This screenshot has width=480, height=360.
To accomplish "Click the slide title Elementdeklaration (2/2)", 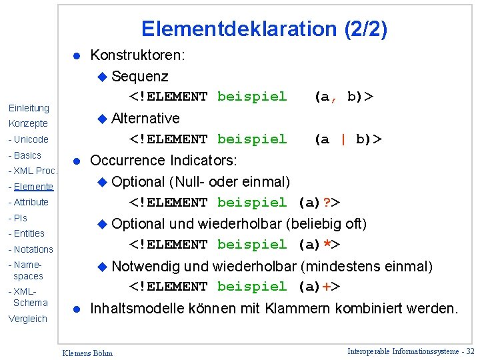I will pyautogui.click(x=264, y=29).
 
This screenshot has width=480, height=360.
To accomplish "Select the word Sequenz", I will pyautogui.click(x=140, y=76).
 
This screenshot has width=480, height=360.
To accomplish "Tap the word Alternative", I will pyautogui.click(x=145, y=118).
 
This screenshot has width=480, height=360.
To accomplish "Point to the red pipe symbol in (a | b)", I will pyautogui.click(x=343, y=139).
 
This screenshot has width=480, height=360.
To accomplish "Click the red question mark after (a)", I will pyautogui.click(x=326, y=203).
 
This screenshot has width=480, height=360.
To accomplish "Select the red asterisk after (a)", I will pyautogui.click(x=326, y=245).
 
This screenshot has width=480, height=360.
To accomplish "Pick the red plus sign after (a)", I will pyautogui.click(x=326, y=287).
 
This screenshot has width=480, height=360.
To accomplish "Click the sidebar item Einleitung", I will pyautogui.click(x=29, y=108).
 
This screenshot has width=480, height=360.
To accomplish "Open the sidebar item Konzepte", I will pyautogui.click(x=28, y=123).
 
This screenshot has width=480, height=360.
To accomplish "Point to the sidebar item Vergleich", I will pyautogui.click(x=28, y=319).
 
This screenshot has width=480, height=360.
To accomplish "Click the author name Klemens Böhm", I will pyautogui.click(x=87, y=353).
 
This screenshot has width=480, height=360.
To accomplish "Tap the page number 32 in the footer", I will pyautogui.click(x=471, y=351).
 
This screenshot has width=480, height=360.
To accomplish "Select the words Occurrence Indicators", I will pyautogui.click(x=163, y=160).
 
